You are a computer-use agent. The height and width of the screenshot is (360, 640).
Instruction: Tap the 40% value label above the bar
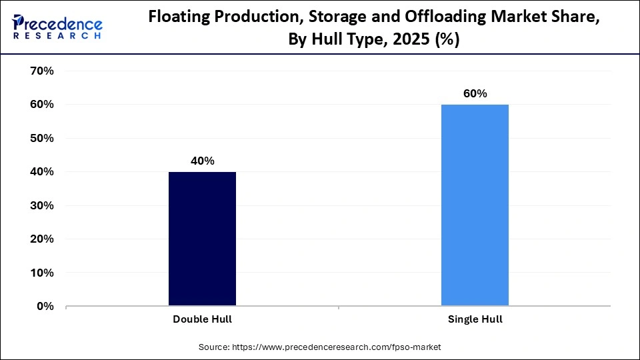(x=202, y=161)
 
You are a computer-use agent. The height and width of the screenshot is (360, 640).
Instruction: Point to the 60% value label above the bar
(x=475, y=93)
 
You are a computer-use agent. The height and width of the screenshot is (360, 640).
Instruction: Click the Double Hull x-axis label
(x=202, y=319)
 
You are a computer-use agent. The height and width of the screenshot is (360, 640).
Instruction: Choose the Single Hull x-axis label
(x=475, y=319)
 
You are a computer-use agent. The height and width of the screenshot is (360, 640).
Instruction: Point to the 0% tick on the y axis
(x=43, y=306)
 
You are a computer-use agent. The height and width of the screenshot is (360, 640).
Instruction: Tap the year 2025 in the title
(x=411, y=39)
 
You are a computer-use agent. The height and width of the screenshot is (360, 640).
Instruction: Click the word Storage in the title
(x=320, y=19)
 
